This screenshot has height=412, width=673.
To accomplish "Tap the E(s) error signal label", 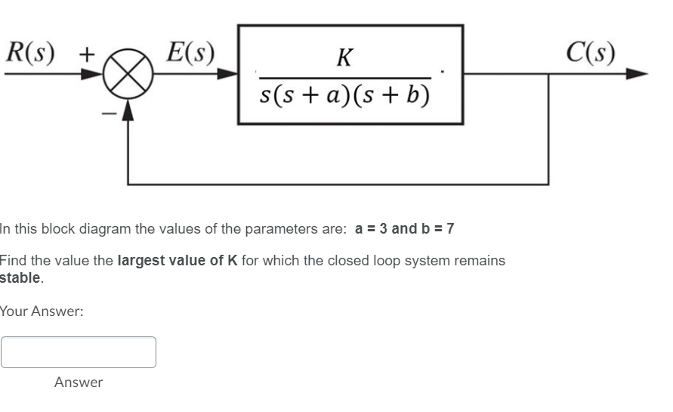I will click(x=190, y=51).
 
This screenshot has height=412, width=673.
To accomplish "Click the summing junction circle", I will click(x=129, y=76).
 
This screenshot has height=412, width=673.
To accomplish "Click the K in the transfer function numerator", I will click(x=344, y=57).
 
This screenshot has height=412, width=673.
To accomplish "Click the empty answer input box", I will click(x=79, y=352).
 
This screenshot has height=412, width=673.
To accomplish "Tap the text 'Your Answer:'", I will click(x=42, y=311).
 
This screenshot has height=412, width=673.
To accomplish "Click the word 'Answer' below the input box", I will click(x=79, y=383).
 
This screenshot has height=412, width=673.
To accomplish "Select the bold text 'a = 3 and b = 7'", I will click(x=404, y=228).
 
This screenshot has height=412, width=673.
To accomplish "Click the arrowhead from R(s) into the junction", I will click(x=94, y=76).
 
